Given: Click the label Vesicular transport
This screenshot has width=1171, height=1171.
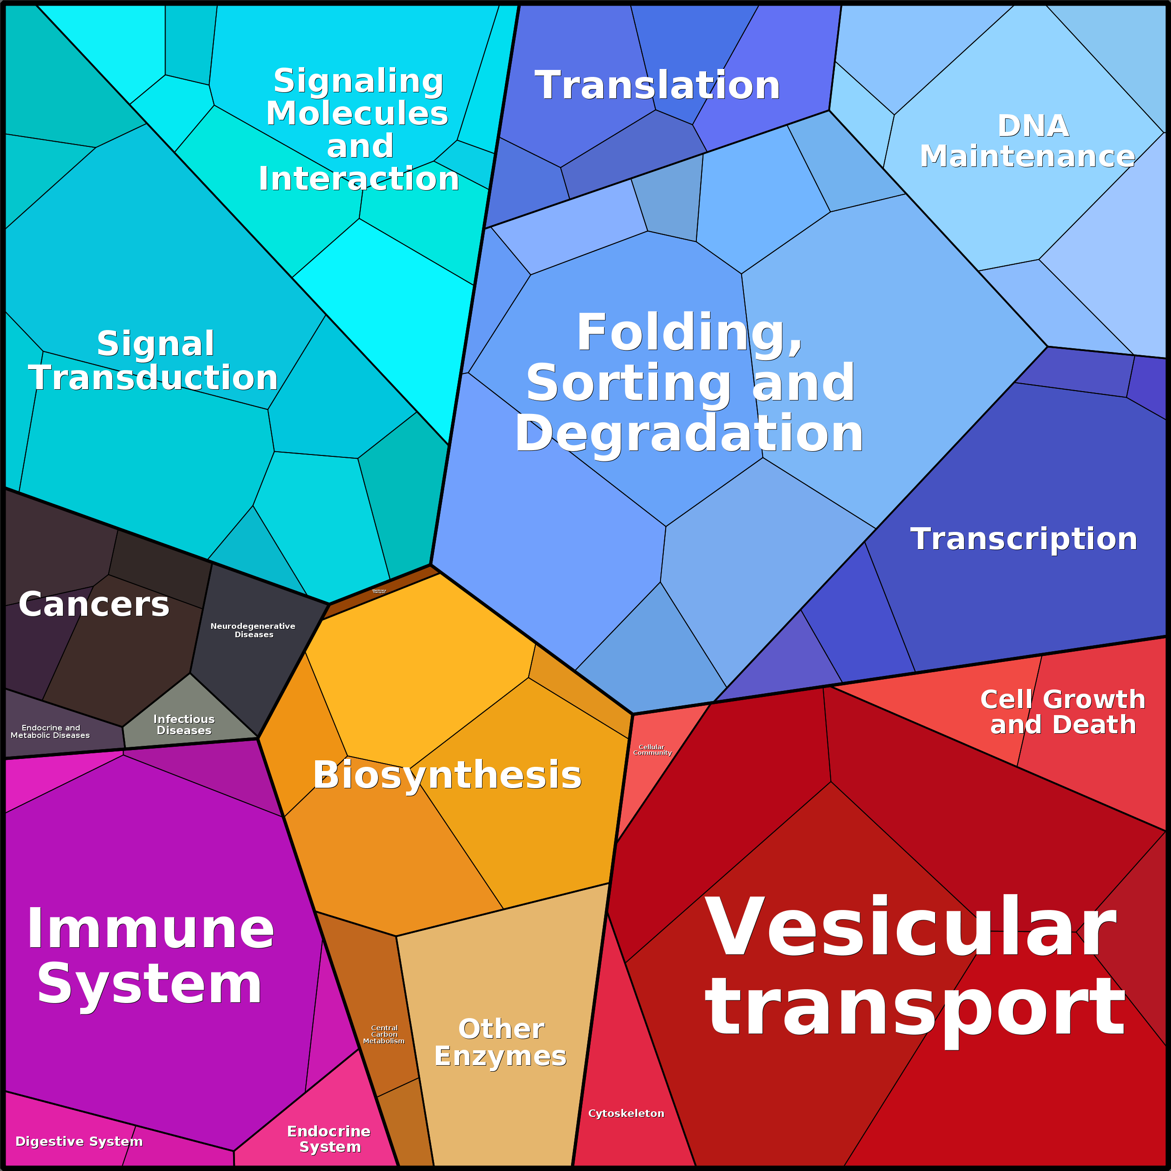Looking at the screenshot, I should [x=915, y=967].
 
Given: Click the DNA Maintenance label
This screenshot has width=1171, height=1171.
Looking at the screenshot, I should [x=1027, y=141].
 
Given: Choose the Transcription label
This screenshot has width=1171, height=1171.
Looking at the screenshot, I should [x=1024, y=539].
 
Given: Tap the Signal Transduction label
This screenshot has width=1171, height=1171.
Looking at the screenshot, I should [x=153, y=361].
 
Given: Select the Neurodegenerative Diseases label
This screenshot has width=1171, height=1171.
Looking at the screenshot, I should [x=253, y=630].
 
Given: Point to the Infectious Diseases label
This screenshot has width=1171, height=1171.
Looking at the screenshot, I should [x=184, y=724].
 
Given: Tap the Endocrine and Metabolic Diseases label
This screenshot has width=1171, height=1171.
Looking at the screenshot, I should [x=50, y=731].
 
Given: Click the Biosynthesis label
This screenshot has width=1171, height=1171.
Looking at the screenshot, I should [x=447, y=775].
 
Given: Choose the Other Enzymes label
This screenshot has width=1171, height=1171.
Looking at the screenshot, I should [x=501, y=1042].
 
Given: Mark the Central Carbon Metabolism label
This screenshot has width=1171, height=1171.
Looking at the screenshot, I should [x=384, y=1034].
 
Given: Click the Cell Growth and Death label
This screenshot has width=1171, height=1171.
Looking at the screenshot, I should [x=1062, y=712].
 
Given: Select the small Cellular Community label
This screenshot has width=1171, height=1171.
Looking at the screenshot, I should [x=652, y=750].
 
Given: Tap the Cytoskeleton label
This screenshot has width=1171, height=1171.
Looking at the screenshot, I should [x=626, y=1113].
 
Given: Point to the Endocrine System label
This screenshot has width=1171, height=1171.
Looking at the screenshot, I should [x=329, y=1139].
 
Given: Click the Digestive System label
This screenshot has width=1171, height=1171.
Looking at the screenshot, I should [x=79, y=1141].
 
